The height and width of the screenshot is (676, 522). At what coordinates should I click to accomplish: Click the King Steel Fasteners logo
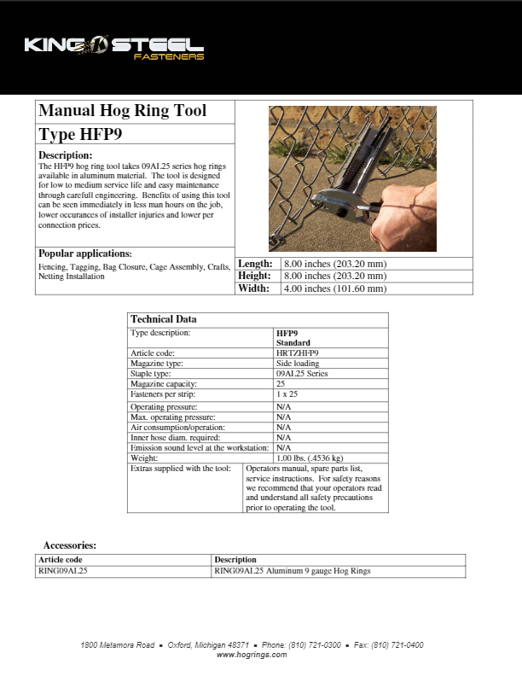113,48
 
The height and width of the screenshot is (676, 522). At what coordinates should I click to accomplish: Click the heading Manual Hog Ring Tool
122,112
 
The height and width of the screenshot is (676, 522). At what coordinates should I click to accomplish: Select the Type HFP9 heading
81,135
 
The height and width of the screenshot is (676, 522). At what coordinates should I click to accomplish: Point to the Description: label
65,154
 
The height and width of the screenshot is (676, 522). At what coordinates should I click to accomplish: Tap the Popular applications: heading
85,253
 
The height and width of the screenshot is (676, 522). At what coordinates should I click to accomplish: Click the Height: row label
255,276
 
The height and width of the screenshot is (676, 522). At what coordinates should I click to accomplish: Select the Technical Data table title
164,319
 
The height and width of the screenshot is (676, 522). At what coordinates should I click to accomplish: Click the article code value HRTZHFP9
298,353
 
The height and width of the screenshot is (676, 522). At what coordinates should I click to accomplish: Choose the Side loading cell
298,363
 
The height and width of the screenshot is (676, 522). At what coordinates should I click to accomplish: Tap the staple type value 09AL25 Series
302,373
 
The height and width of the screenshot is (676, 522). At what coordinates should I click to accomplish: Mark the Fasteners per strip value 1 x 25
287,393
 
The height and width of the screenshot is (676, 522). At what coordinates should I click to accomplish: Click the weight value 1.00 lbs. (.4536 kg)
310,458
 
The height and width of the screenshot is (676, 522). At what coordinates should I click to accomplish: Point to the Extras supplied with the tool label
181,469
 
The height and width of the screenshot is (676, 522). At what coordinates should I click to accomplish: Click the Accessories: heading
70,545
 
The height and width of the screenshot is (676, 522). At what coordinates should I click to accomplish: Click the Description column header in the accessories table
235,560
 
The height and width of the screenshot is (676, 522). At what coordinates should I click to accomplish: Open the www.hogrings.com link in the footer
252,655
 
